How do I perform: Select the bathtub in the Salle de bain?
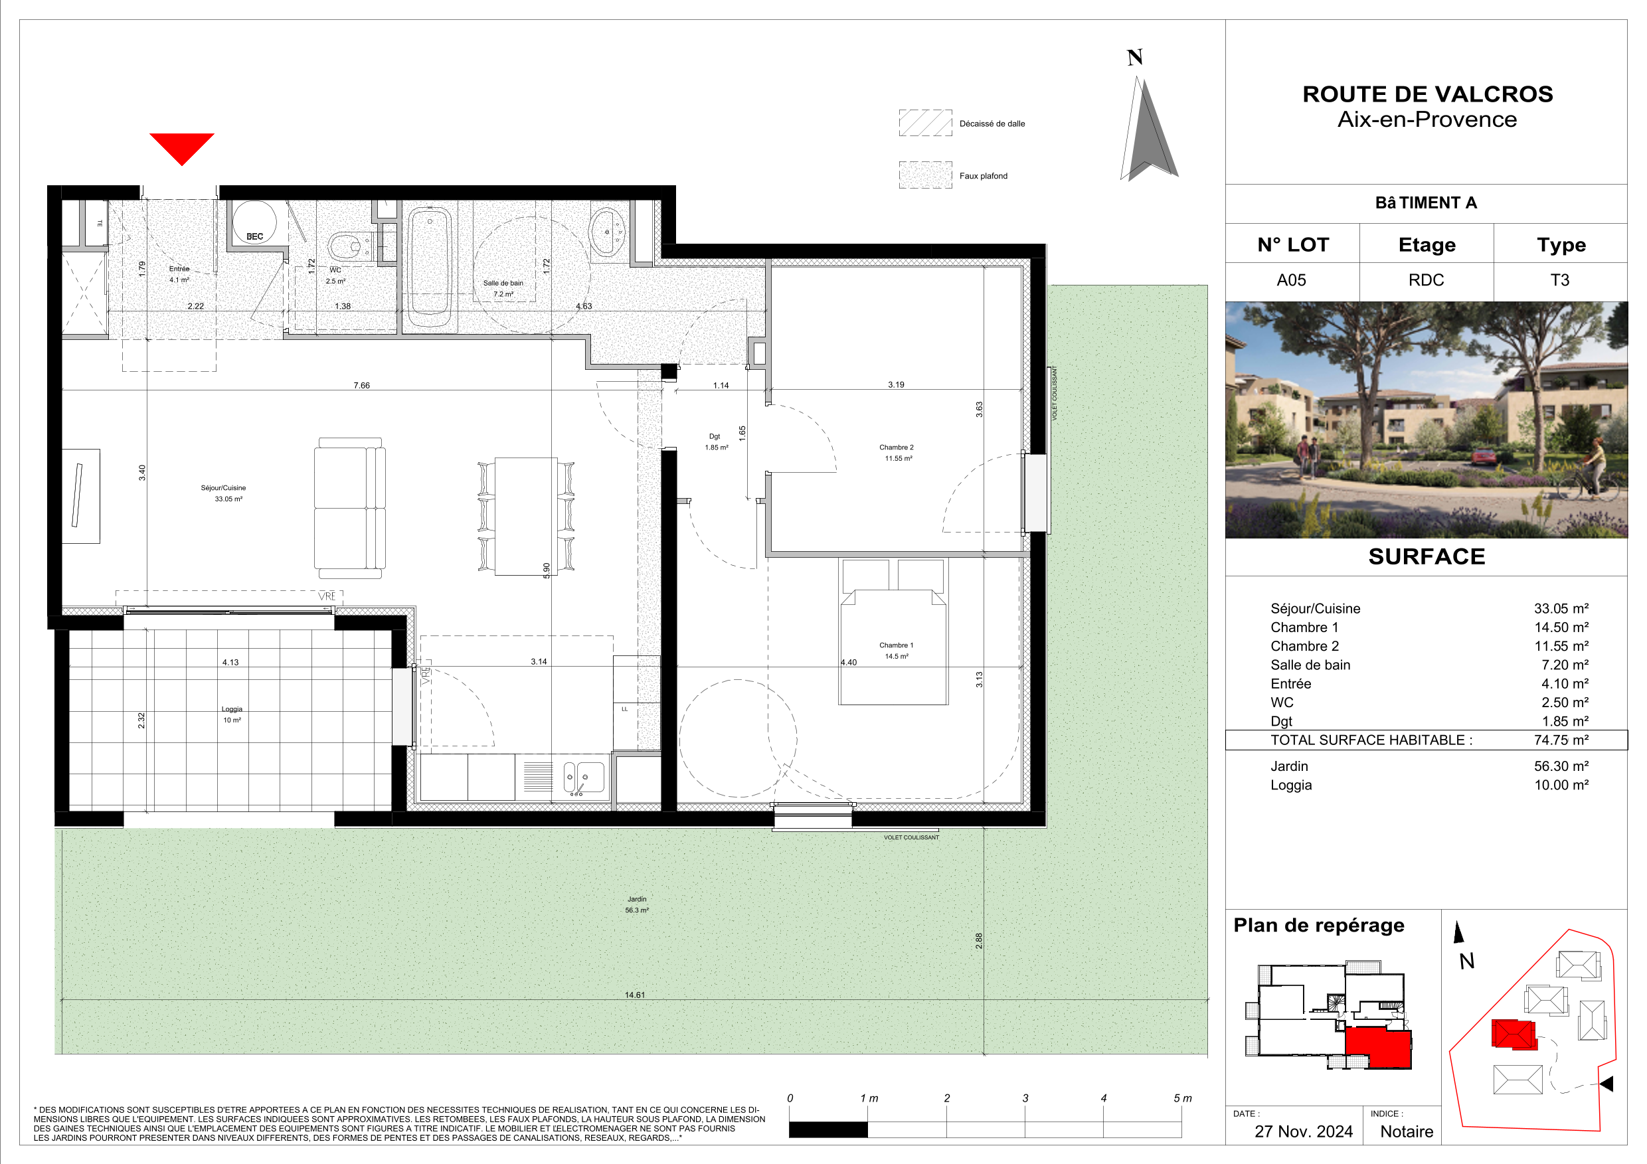click(x=430, y=268)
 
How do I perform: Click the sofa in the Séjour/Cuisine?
click(x=350, y=508)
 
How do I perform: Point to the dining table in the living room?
click(x=526, y=517)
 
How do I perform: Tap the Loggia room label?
click(x=232, y=714)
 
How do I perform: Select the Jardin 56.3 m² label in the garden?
click(x=637, y=904)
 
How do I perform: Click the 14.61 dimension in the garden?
click(x=635, y=995)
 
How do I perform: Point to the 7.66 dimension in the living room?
click(x=361, y=385)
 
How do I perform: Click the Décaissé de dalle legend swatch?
click(x=925, y=123)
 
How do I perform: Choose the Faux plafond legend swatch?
click(x=925, y=175)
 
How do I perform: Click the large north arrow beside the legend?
click(x=1148, y=129)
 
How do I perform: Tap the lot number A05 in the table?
click(x=1291, y=280)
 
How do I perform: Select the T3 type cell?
click(x=1559, y=280)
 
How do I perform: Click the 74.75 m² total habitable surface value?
click(x=1561, y=740)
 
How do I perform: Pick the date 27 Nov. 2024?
click(x=1304, y=1131)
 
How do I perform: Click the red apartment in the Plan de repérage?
click(x=1378, y=1047)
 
